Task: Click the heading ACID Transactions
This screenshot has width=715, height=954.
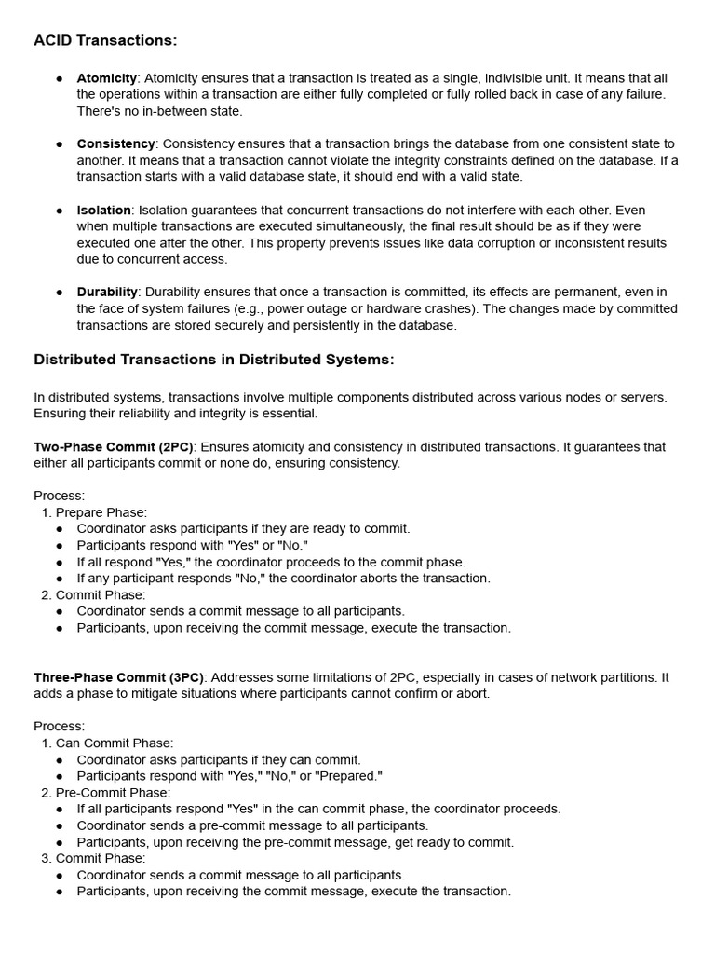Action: click(x=105, y=40)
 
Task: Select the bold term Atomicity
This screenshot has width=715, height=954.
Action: click(x=107, y=78)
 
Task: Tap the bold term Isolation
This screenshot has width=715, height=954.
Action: click(x=103, y=211)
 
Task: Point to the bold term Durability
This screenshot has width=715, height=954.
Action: click(x=107, y=293)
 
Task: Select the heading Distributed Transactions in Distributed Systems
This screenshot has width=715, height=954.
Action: click(x=214, y=360)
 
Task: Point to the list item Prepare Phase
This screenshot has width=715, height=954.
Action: click(x=101, y=512)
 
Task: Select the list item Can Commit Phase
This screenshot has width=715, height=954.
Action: click(x=115, y=743)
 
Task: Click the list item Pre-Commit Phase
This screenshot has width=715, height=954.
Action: click(x=113, y=793)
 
